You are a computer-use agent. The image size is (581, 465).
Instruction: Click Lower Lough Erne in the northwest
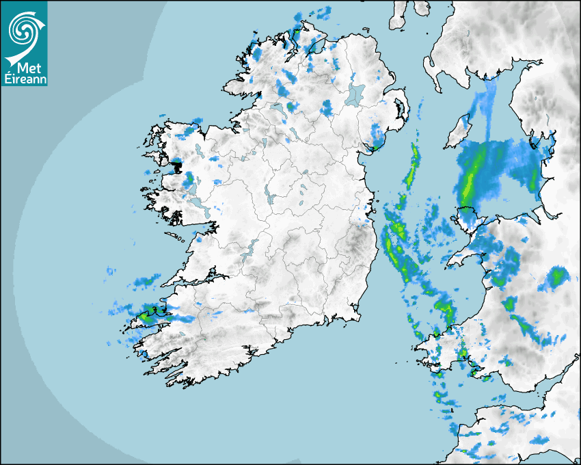pyautogui.click(x=278, y=109)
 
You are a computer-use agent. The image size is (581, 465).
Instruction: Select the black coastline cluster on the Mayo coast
pyautogui.click(x=176, y=165)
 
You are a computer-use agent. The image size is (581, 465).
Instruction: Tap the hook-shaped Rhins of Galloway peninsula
pyautogui.click(x=432, y=68)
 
